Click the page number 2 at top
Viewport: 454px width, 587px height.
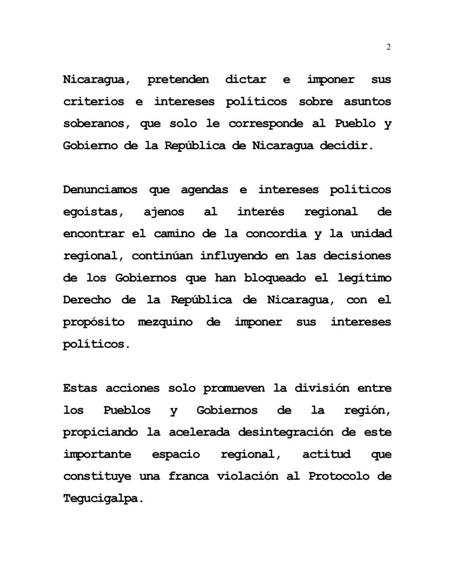[x=388, y=47]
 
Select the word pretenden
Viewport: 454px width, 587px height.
[x=178, y=80]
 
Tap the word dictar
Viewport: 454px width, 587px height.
[x=253, y=80]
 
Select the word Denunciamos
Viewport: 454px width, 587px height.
[x=100, y=190]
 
